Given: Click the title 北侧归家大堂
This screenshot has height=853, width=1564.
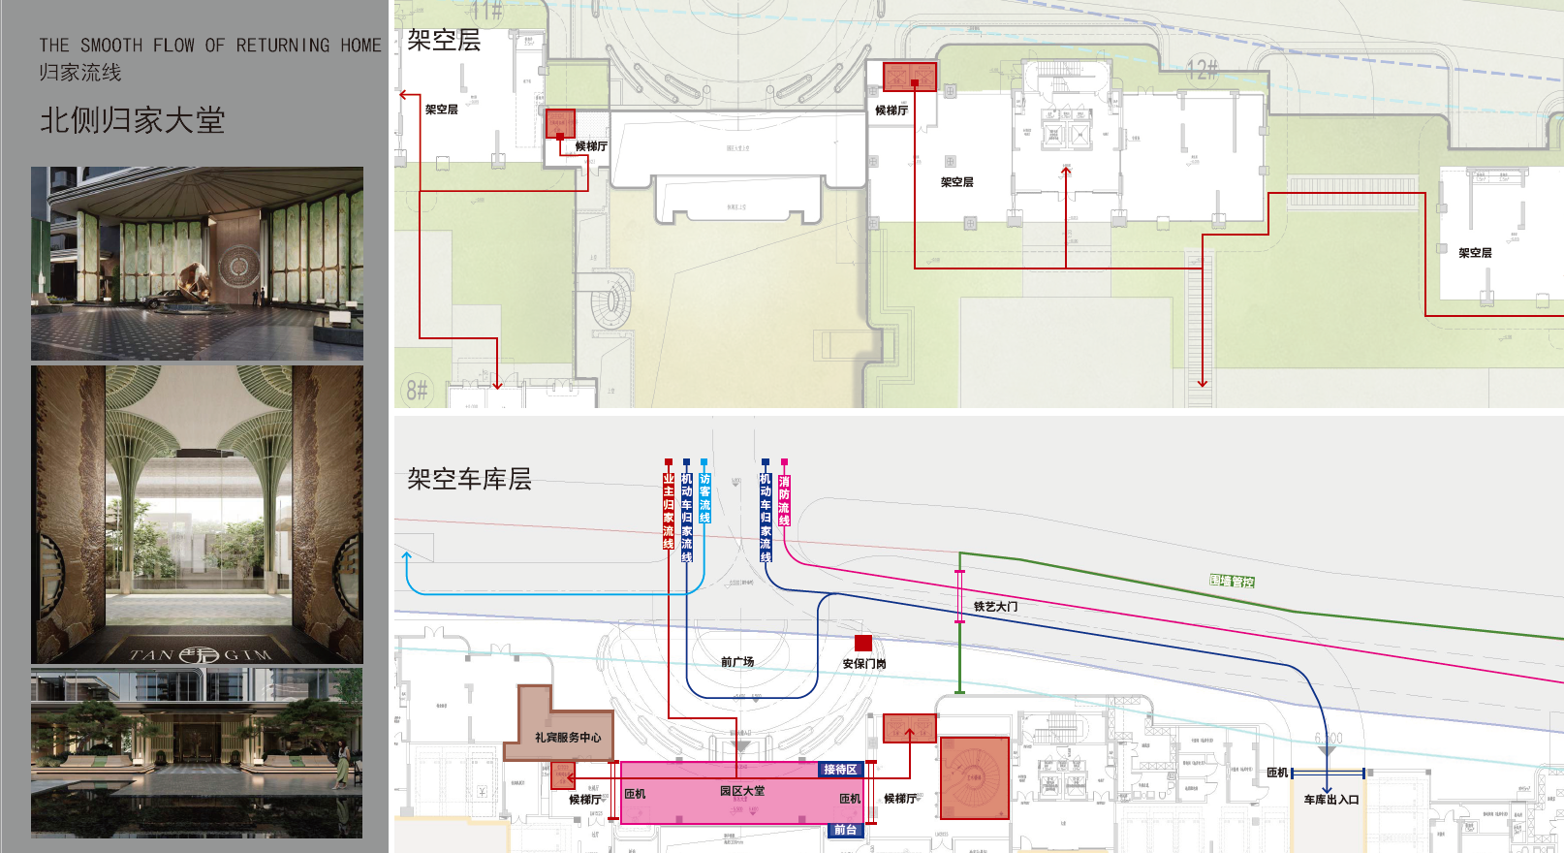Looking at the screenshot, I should [132, 120].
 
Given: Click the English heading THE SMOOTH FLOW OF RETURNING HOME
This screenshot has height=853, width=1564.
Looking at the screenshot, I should [209, 46].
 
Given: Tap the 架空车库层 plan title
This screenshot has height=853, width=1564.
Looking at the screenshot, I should [469, 479].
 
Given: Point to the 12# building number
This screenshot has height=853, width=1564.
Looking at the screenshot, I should [1202, 70].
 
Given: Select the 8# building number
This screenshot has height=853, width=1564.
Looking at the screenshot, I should [417, 390].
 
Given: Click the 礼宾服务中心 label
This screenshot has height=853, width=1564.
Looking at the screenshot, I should [568, 738].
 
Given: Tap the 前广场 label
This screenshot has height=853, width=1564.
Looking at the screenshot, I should [737, 662].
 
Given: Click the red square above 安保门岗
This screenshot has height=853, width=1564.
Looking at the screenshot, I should [863, 643].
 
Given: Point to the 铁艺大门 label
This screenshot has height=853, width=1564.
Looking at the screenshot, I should [995, 607].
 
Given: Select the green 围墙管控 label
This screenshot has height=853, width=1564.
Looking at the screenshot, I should [1232, 581].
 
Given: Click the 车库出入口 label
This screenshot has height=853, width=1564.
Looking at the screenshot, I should [1330, 800].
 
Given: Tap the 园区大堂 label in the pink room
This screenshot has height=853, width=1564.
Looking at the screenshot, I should [742, 791].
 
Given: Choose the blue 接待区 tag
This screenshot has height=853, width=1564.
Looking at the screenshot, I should [840, 770].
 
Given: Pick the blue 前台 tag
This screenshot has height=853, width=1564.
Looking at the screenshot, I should [845, 830].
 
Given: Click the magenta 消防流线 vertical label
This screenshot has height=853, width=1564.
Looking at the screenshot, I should [784, 500].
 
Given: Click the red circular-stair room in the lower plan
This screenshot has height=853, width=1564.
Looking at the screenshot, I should [975, 777].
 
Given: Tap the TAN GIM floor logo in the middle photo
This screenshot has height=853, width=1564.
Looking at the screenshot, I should [200, 654].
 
